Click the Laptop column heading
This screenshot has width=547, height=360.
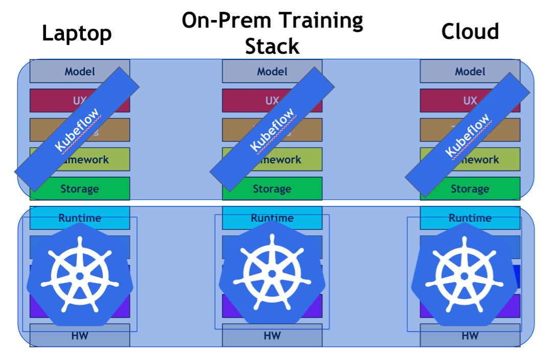click(x=77, y=33)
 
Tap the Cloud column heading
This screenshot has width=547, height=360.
click(x=470, y=32)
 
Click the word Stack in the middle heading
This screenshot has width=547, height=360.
click(x=272, y=46)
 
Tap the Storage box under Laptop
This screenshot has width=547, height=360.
click(x=79, y=189)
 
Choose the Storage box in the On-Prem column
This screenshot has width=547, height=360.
click(x=272, y=189)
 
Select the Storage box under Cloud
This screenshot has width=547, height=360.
click(x=470, y=189)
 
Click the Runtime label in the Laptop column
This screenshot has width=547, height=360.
click(x=79, y=218)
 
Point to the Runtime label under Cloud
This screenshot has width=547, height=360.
click(x=470, y=218)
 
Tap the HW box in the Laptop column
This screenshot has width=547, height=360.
click(x=79, y=336)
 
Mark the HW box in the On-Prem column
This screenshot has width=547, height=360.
click(x=272, y=336)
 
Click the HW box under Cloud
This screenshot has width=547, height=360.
click(x=470, y=336)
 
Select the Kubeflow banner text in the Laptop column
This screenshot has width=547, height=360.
click(x=77, y=130)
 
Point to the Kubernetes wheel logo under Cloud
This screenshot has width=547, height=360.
click(x=465, y=276)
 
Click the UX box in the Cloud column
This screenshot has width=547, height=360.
click(x=470, y=100)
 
